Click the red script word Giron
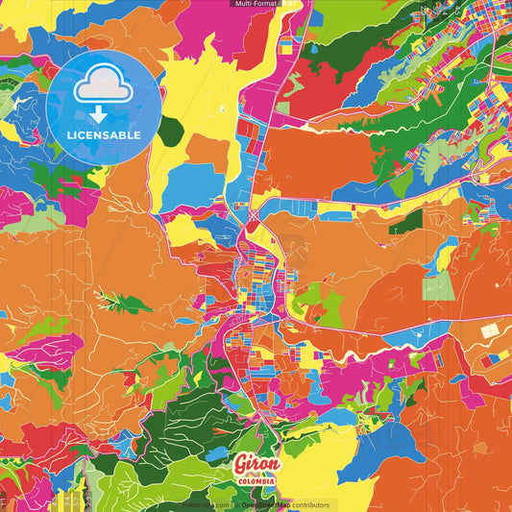click(256, 464)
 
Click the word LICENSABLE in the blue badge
click(104, 134)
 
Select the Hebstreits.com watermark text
click(204, 504)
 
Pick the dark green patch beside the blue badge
click(171, 131)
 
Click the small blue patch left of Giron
click(219, 453)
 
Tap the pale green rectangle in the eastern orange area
click(438, 285)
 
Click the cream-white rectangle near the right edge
click(490, 330)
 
